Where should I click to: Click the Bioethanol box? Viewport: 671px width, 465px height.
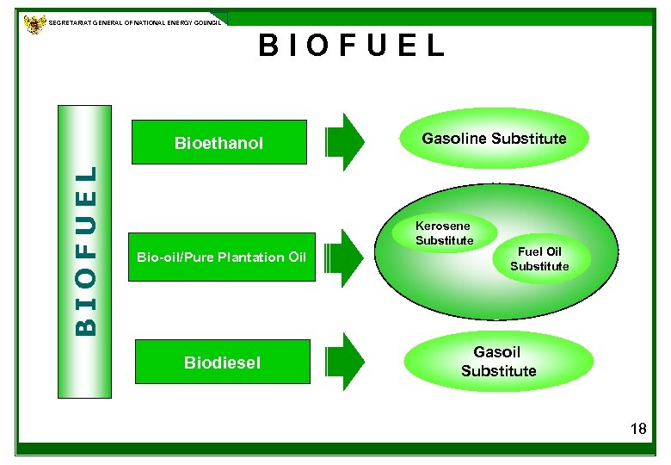click(219, 142)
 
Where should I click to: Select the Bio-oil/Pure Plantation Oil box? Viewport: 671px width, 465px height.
click(221, 257)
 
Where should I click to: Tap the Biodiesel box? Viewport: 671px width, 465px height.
click(222, 363)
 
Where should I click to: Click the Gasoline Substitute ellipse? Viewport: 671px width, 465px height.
click(494, 139)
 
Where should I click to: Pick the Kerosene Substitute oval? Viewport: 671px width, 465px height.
click(444, 233)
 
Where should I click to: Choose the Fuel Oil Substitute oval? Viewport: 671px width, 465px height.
click(539, 259)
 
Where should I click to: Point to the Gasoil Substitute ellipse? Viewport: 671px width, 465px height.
click(498, 362)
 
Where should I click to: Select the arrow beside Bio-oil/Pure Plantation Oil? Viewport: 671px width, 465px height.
click(346, 257)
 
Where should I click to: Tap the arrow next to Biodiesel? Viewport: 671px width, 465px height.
click(346, 362)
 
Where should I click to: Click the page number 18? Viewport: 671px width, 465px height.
click(637, 429)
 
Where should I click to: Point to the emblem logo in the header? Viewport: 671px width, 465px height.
click(35, 23)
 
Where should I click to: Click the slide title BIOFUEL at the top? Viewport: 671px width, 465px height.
click(352, 45)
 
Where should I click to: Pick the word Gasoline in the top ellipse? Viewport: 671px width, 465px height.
click(453, 139)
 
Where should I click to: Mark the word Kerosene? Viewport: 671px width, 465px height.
click(444, 226)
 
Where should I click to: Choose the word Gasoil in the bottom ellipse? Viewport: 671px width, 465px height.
click(497, 352)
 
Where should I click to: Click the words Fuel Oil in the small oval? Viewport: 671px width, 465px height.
click(539, 252)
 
